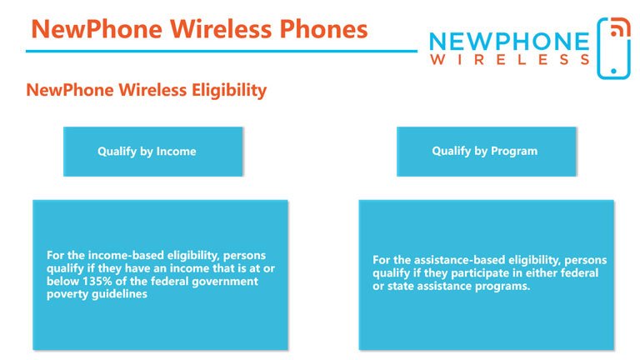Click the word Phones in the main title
tap(323, 29)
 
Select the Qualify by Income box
tap(153, 152)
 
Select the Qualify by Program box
tap(486, 152)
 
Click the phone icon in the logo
tap(613, 48)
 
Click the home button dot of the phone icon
tap(613, 71)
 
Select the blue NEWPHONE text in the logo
tap(509, 42)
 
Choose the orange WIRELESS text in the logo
tap(510, 60)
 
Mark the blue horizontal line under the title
tap(222, 51)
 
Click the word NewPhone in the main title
tap(97, 29)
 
